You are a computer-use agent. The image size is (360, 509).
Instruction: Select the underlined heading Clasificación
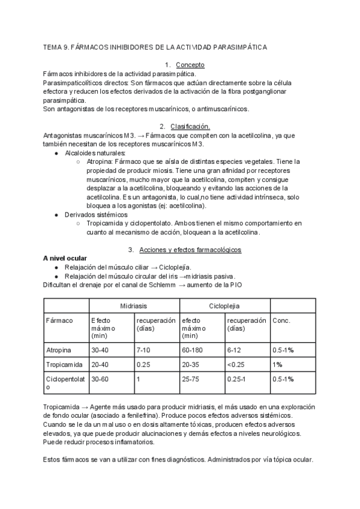tap(190, 127)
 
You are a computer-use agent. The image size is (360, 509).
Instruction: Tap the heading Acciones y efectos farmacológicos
tap(190, 249)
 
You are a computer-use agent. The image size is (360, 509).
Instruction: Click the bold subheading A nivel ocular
tap(65, 258)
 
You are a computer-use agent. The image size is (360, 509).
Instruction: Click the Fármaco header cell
tap(59, 321)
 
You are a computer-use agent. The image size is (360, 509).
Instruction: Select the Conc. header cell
tap(281, 321)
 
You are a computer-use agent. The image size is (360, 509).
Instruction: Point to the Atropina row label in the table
tap(59, 349)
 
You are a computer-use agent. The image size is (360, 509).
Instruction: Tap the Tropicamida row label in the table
tap(64, 364)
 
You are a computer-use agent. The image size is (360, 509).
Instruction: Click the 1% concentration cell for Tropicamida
tap(278, 364)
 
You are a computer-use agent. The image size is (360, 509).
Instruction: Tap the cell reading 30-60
tap(101, 379)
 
